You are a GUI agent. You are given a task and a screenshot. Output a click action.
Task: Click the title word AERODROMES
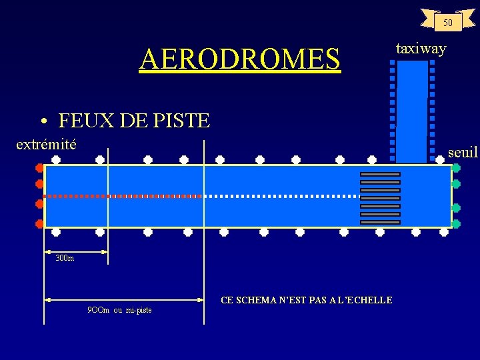point(240,59)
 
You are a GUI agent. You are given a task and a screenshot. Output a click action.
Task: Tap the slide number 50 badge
point(448,23)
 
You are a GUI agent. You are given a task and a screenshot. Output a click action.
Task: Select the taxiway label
point(421,49)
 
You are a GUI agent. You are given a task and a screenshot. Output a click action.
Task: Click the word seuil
point(463,152)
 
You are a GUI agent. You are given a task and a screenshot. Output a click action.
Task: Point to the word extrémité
point(46,144)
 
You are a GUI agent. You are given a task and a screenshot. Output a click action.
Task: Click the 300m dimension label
point(65,258)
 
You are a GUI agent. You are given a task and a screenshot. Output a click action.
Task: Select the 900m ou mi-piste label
point(119,310)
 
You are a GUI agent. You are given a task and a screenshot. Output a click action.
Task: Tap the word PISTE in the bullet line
point(181,121)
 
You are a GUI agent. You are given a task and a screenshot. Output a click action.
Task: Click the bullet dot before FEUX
point(43,122)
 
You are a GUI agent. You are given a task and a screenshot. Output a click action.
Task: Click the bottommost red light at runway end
point(39,224)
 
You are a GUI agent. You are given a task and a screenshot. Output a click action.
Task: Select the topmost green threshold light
point(456,168)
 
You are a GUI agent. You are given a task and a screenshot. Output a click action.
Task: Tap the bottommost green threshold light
point(456,223)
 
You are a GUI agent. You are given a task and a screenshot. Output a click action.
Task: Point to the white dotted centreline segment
point(280,196)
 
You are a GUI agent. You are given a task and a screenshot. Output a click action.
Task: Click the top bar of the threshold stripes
point(380,175)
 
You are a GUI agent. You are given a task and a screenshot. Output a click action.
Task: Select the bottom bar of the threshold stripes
point(380,222)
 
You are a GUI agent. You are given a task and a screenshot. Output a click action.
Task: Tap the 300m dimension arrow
point(76,252)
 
